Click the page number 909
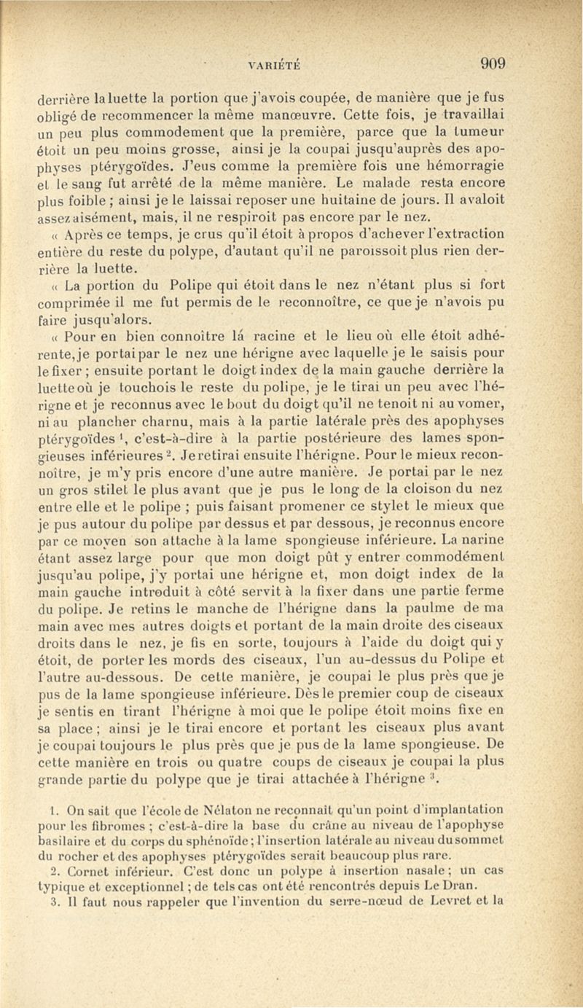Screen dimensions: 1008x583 tap(493, 63)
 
